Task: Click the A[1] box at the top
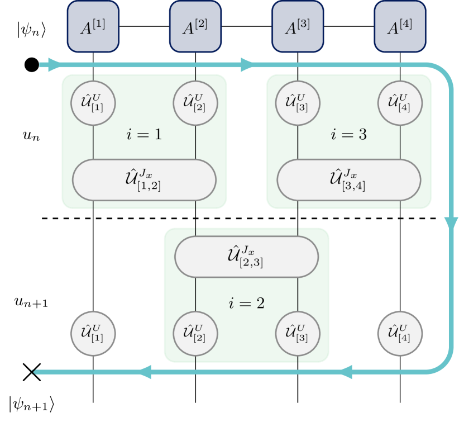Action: [93, 27]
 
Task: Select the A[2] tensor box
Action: [195, 27]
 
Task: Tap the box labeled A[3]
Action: [298, 27]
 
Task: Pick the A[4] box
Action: [400, 27]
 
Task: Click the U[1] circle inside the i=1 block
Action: [93, 103]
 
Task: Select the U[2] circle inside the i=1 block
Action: [195, 103]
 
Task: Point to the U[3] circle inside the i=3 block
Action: [298, 103]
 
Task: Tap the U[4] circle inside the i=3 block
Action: [400, 103]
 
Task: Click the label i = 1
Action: [144, 135]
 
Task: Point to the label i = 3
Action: [349, 135]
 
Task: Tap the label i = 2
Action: [246, 304]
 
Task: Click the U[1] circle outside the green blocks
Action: [93, 334]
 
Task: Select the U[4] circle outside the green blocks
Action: [400, 334]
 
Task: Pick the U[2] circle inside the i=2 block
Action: [195, 334]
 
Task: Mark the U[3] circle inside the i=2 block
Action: [298, 334]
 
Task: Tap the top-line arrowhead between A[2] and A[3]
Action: [247, 65]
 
